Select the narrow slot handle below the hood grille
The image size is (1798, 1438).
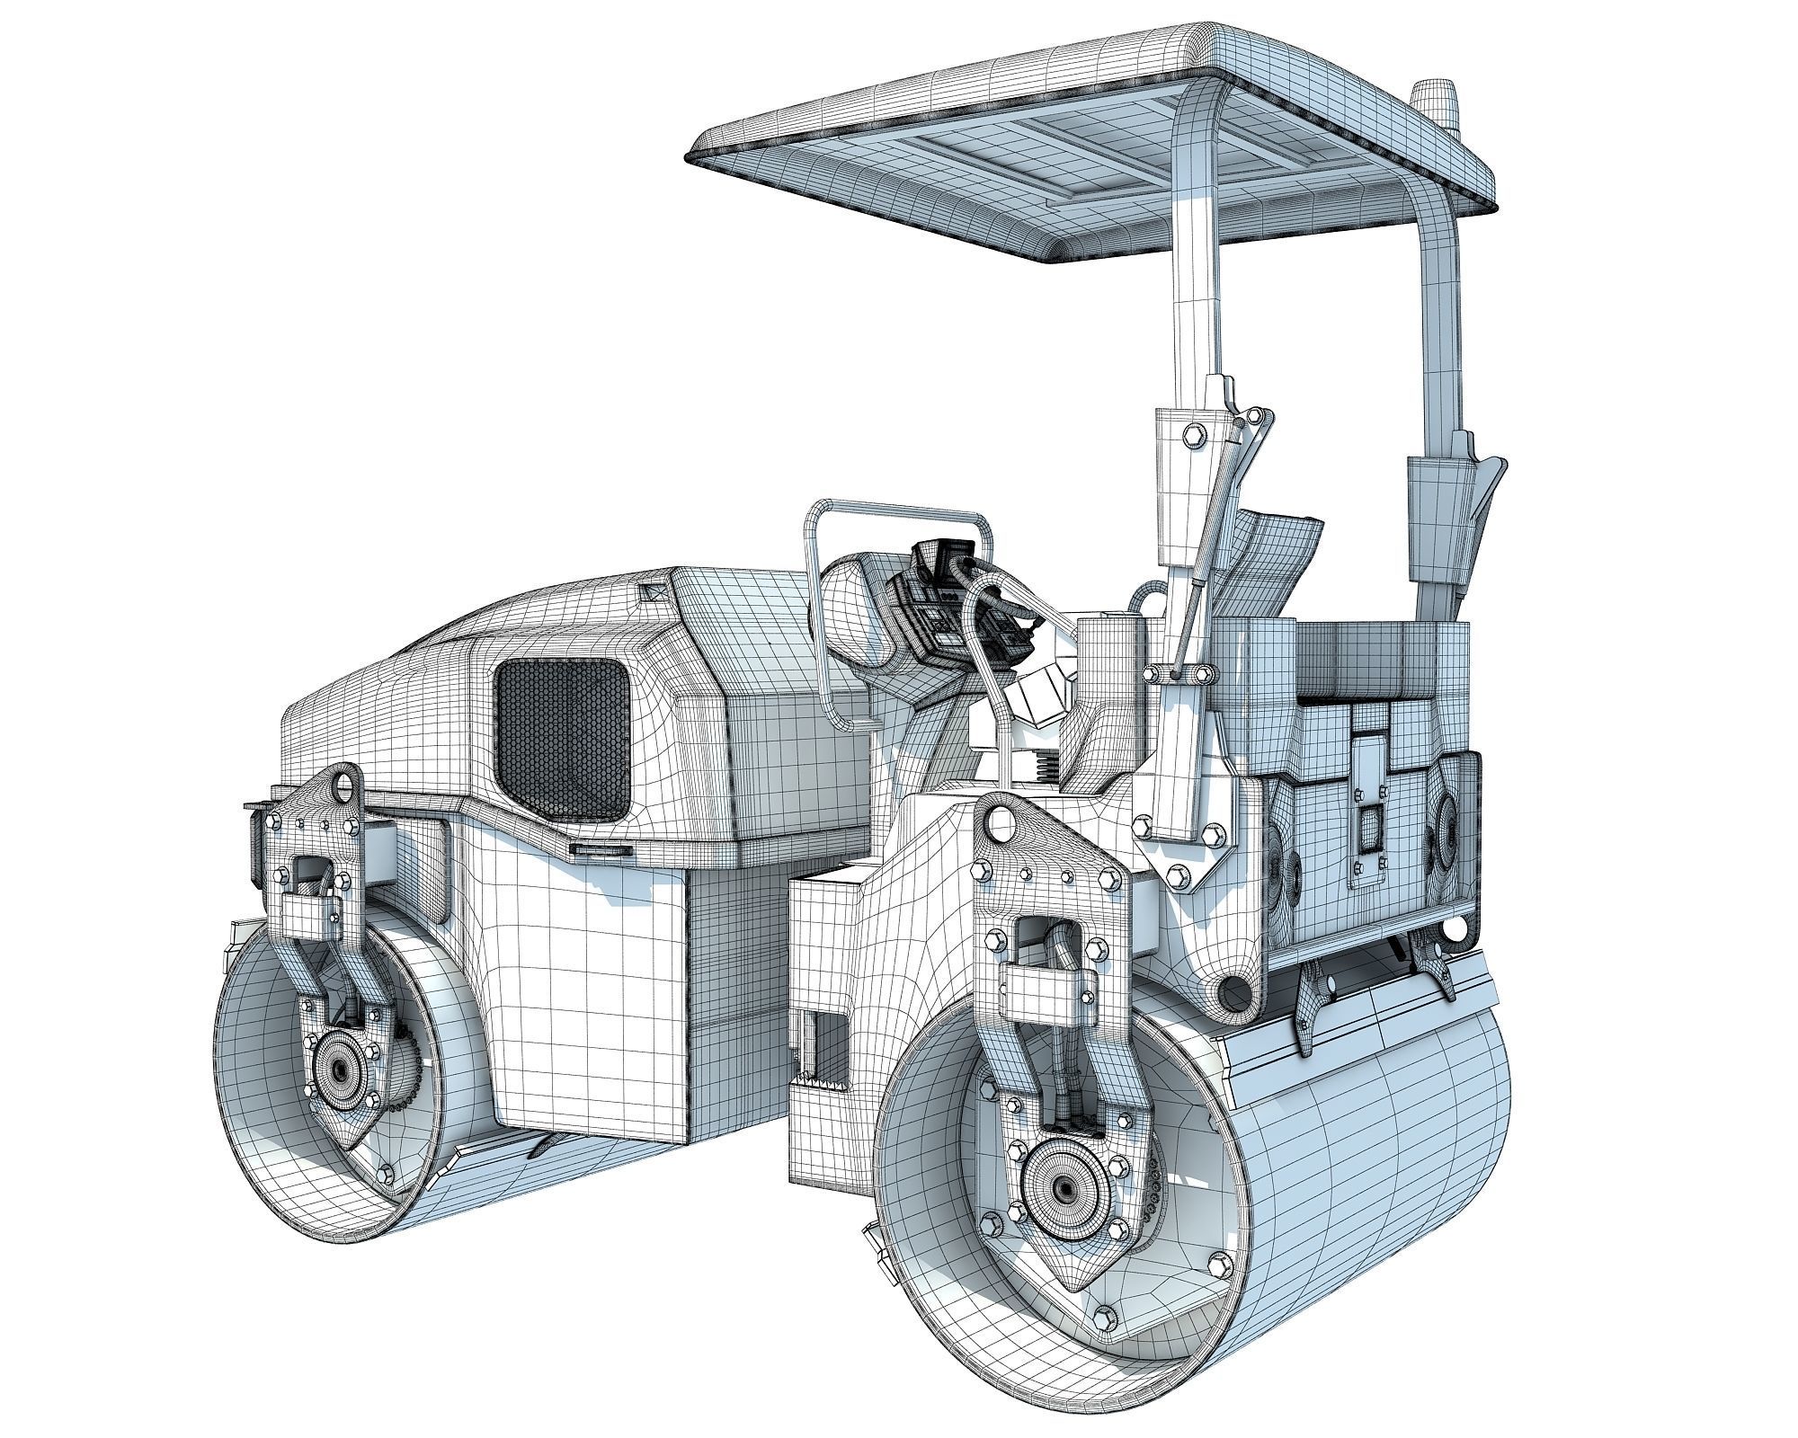(x=601, y=849)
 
